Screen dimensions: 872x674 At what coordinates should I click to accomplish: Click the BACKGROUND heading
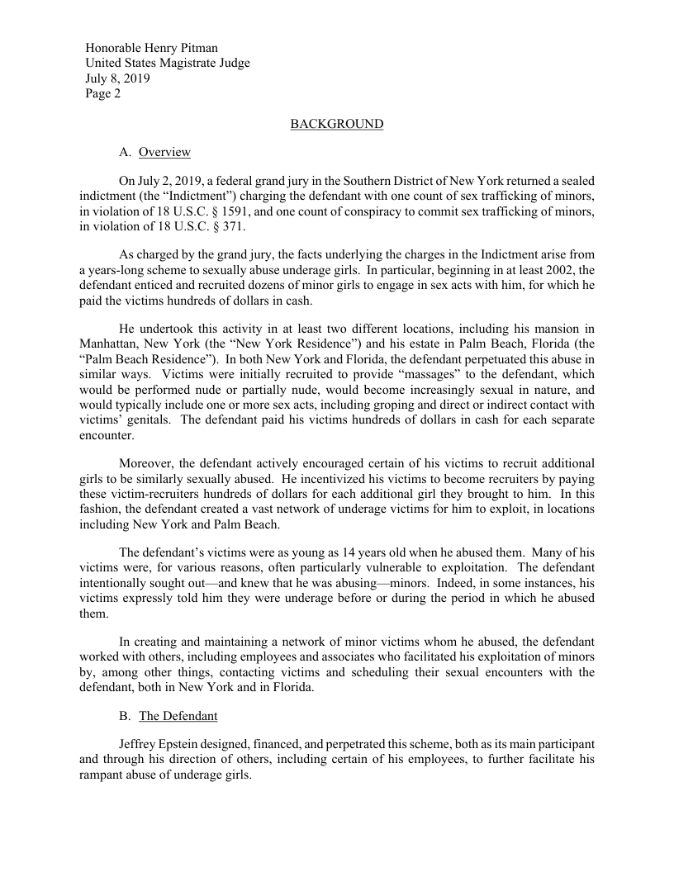pos(337,124)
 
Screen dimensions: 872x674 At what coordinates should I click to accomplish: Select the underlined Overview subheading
pos(164,152)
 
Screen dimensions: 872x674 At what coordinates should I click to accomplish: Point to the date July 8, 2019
pos(118,78)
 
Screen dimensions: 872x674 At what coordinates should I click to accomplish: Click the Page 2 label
pos(103,93)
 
